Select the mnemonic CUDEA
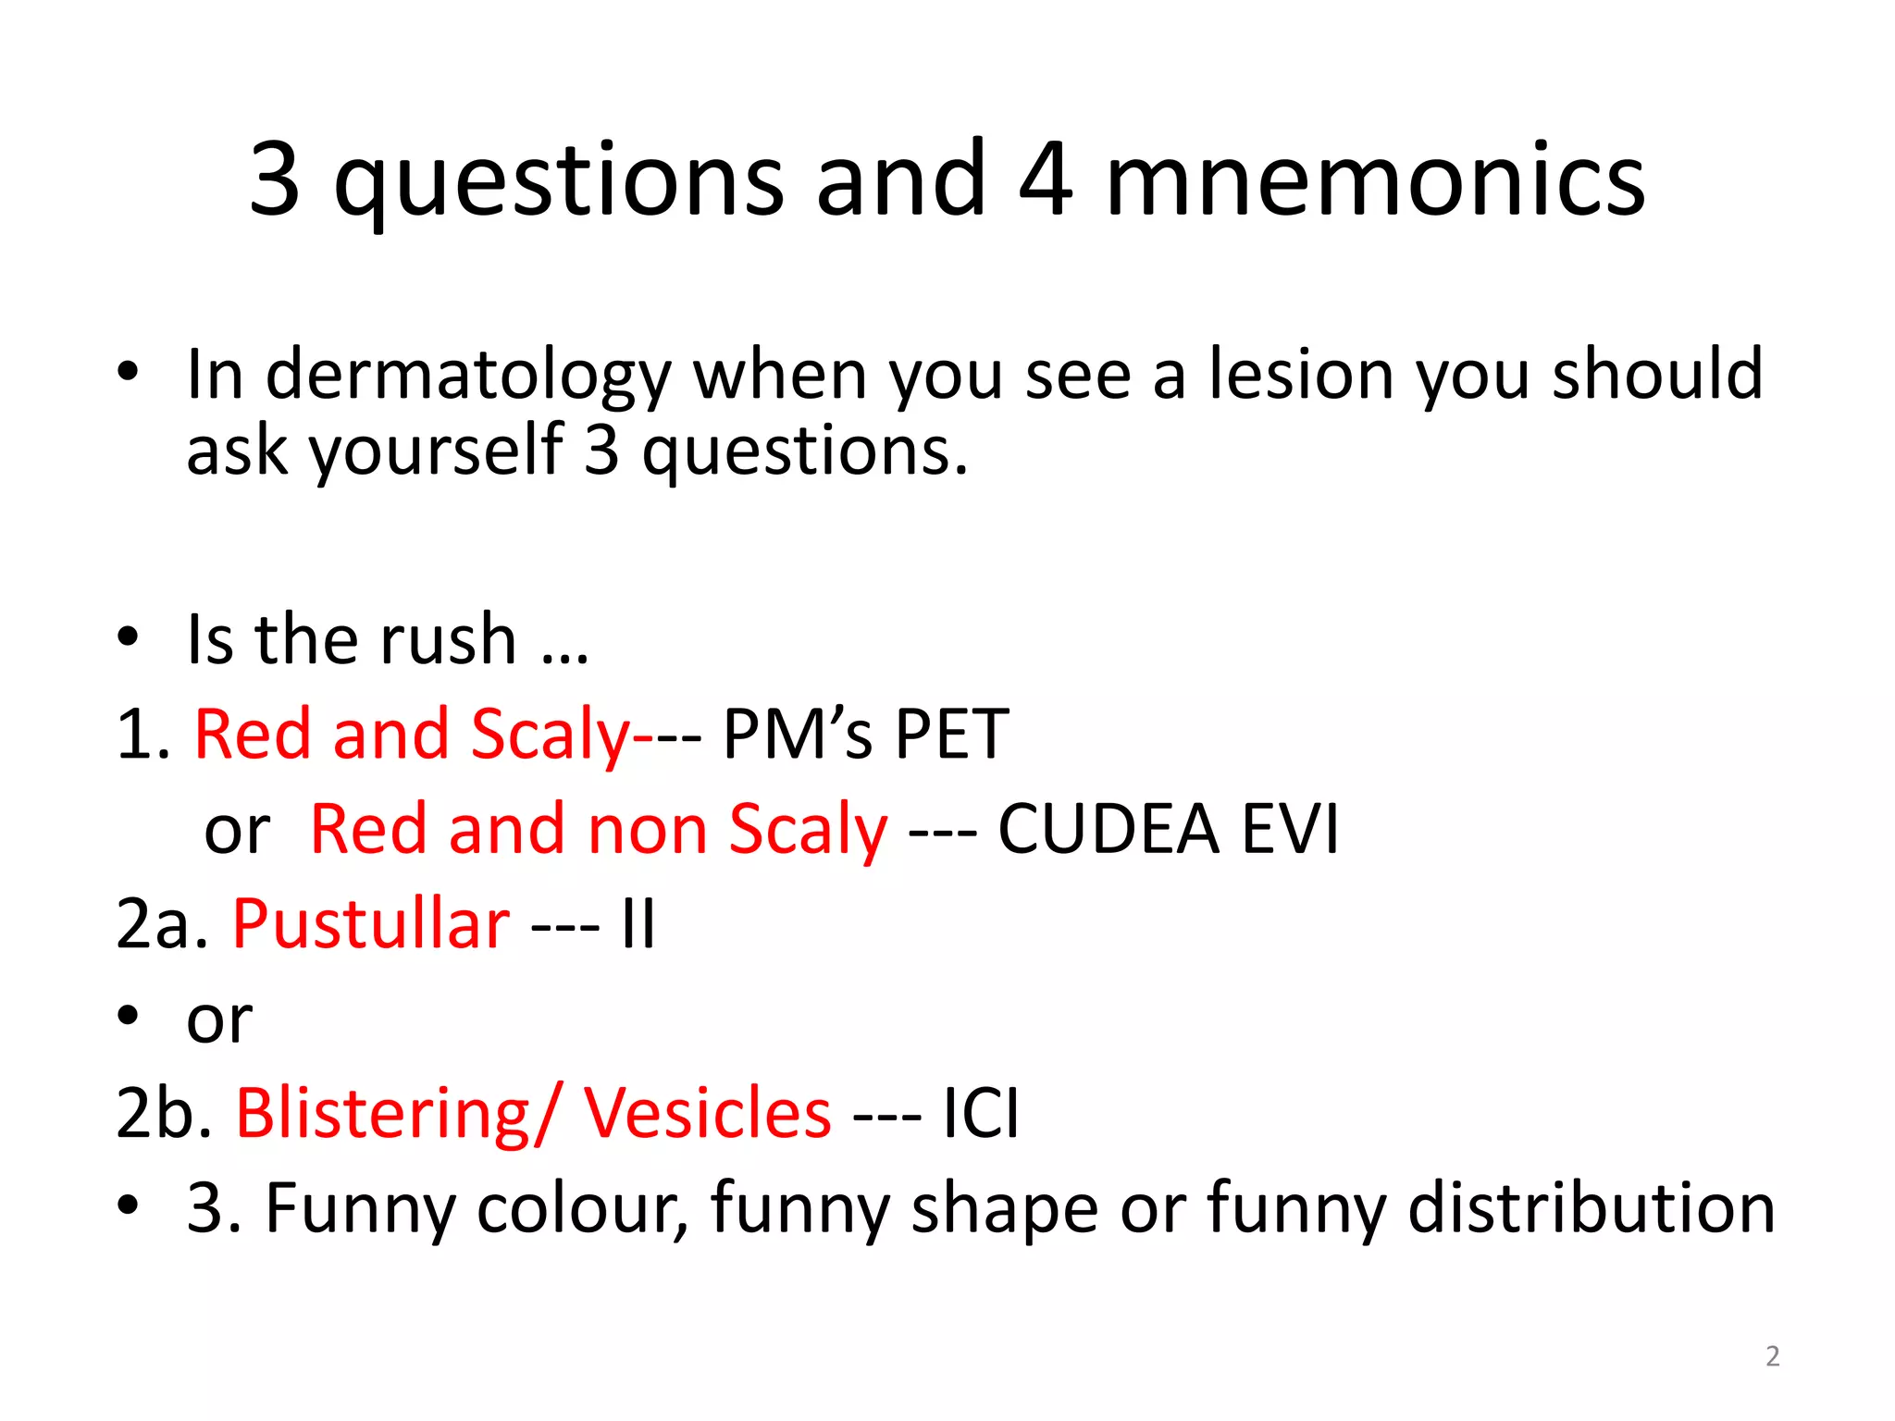pos(1108,829)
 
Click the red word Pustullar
pos(371,925)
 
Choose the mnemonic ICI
pos(981,1113)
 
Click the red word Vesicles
pos(707,1113)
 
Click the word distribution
pos(1591,1208)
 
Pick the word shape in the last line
pos(1005,1210)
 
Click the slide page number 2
pos(1772,1356)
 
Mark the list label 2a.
pos(161,925)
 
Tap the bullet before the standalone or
pos(128,1017)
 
